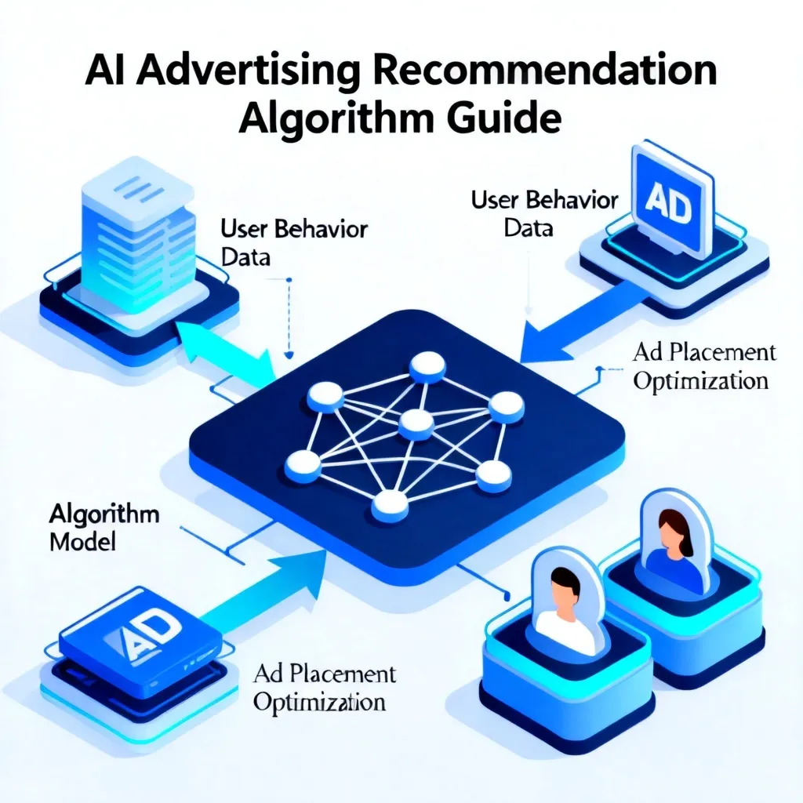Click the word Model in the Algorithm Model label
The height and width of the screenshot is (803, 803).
pos(82,542)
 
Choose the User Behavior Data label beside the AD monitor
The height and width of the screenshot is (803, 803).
pos(544,213)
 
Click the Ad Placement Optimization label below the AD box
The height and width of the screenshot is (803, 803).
pos(324,689)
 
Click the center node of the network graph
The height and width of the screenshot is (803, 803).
pos(416,424)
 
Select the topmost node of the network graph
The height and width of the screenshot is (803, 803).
pos(427,367)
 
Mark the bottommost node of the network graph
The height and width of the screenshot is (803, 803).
pos(391,505)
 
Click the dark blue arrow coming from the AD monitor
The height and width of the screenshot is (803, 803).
pos(578,322)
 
